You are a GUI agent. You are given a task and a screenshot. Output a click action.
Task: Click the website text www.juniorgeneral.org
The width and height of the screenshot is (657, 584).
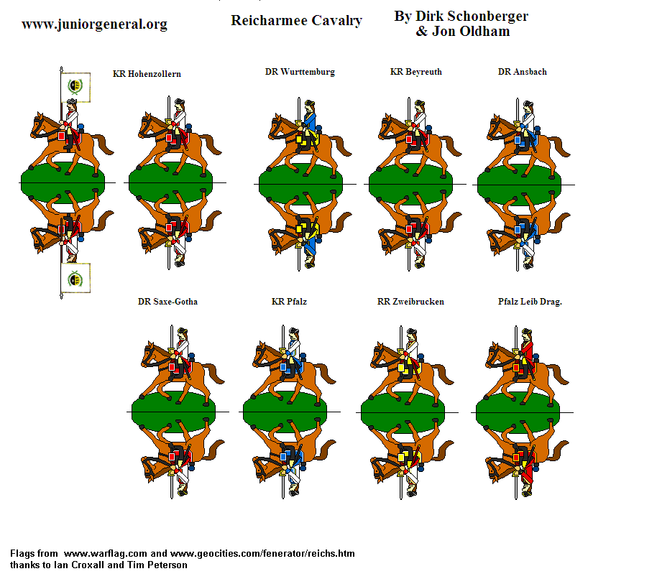pyautogui.click(x=94, y=24)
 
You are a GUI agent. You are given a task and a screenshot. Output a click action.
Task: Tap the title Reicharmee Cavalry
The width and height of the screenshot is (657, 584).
pyautogui.click(x=296, y=21)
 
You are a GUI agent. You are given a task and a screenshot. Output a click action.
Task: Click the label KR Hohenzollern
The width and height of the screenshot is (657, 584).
pyautogui.click(x=147, y=74)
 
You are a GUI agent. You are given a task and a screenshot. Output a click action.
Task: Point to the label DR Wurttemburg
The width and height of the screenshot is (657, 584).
pyautogui.click(x=300, y=72)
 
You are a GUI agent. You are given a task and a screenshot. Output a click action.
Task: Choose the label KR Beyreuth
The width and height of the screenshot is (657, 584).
pyautogui.click(x=415, y=72)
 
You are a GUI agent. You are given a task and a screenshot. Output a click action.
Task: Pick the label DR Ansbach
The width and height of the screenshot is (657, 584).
pyautogui.click(x=522, y=72)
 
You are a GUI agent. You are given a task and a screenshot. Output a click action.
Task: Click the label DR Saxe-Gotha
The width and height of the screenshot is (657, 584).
pyautogui.click(x=167, y=302)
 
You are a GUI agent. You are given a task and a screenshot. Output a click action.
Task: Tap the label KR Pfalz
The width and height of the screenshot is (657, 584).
pyautogui.click(x=289, y=302)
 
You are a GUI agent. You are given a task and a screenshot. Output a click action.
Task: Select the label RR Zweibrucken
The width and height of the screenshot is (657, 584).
pyautogui.click(x=410, y=302)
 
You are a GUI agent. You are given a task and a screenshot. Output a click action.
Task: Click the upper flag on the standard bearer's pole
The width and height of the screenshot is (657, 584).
pyautogui.click(x=75, y=86)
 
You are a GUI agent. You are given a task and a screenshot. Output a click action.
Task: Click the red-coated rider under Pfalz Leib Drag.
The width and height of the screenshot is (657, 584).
pyautogui.click(x=526, y=352)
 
